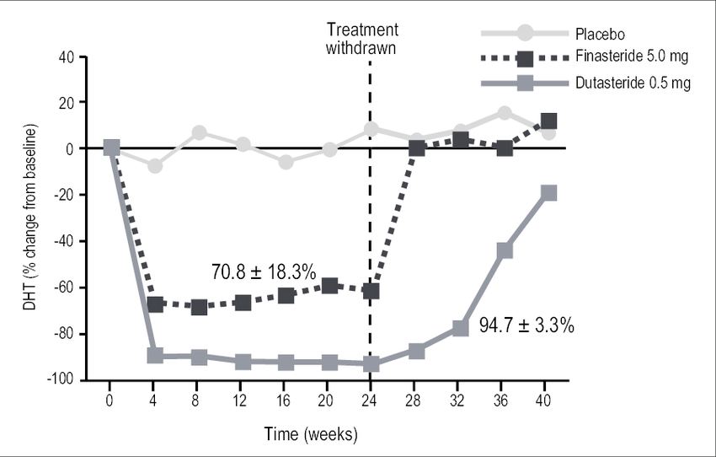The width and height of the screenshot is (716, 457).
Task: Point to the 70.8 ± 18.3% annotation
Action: pyautogui.click(x=263, y=272)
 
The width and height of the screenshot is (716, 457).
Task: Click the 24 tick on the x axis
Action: pyautogui.click(x=371, y=399)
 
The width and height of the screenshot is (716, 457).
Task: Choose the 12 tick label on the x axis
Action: pyautogui.click(x=242, y=399)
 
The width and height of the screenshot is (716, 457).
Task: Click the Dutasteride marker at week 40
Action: pyautogui.click(x=548, y=193)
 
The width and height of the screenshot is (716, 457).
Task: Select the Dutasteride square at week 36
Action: pyautogui.click(x=505, y=250)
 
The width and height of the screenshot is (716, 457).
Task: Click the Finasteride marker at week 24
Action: pyautogui.click(x=371, y=291)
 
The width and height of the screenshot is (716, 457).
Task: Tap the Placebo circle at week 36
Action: pyautogui.click(x=504, y=113)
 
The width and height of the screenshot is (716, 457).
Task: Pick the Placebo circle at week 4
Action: pyautogui.click(x=155, y=166)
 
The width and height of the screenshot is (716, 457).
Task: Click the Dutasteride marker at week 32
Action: pyautogui.click(x=461, y=328)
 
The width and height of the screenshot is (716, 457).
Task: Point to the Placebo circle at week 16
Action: pyautogui.click(x=286, y=162)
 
